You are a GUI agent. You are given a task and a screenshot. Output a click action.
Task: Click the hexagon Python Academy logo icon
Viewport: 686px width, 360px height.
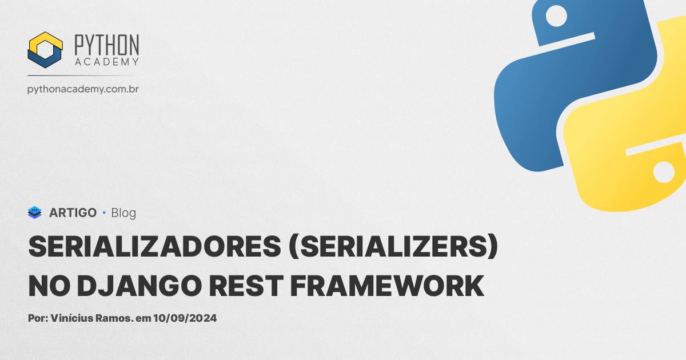[45, 50]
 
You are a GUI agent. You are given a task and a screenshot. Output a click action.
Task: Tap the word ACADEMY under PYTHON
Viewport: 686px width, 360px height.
[107, 62]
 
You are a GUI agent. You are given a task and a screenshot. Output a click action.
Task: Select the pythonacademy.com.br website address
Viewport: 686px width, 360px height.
[83, 89]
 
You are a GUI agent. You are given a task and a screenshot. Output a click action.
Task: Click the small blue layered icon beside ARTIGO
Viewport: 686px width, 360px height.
[35, 213]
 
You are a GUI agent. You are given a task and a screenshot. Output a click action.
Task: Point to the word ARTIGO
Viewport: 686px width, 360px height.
[73, 213]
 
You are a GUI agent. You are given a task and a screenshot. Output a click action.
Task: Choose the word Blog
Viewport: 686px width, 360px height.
[123, 213]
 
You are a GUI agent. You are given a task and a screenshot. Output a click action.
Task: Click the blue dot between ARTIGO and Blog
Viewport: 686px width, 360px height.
[104, 213]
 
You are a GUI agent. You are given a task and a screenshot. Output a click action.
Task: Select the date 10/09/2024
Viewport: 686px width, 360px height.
[185, 318]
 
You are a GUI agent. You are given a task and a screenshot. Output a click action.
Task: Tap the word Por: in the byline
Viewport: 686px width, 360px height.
[38, 318]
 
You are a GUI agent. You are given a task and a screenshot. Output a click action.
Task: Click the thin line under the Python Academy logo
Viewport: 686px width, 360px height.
[82, 75]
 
